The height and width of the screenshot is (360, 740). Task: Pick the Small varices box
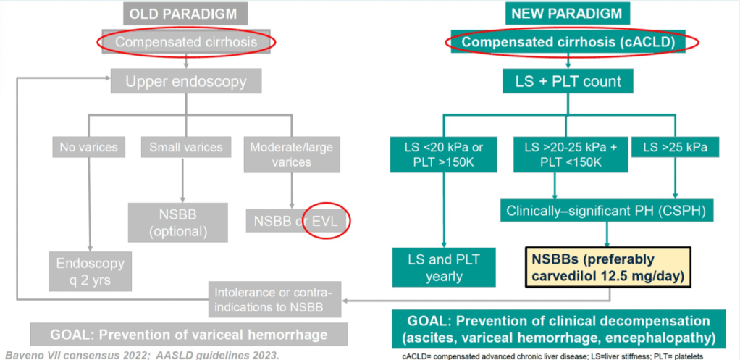[186, 148]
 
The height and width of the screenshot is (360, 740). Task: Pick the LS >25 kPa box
[675, 148]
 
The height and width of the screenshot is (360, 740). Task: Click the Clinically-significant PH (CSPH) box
[605, 212]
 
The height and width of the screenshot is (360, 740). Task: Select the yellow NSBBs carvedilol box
[606, 267]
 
